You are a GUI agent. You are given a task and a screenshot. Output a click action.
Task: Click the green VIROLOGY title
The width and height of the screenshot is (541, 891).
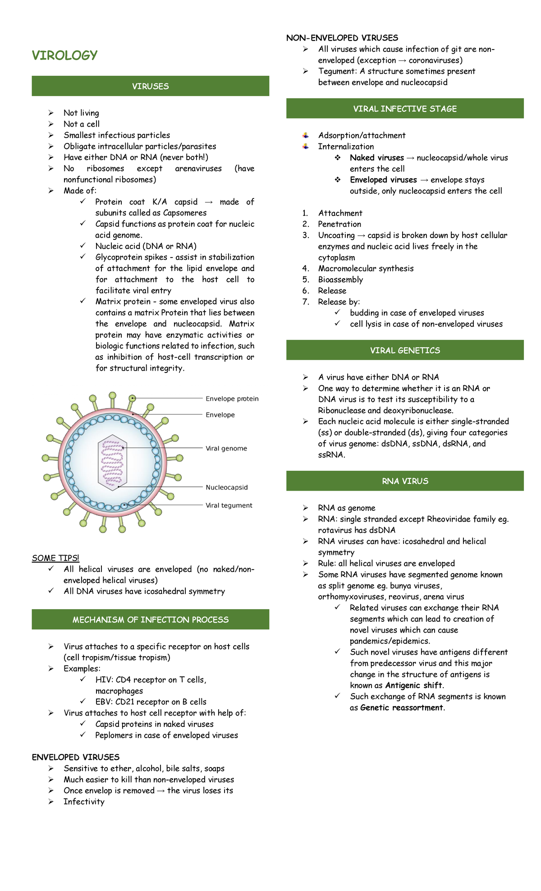pos(64,55)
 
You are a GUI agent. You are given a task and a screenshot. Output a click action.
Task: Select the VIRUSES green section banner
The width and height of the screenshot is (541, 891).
pos(150,86)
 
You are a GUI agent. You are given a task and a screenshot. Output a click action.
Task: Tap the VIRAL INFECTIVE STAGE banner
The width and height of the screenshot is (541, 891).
pos(404,109)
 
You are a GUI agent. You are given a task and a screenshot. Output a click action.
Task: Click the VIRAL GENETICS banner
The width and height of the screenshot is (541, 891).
pos(404,350)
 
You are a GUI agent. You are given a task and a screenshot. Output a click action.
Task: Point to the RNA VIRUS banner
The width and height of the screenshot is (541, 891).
pos(404,481)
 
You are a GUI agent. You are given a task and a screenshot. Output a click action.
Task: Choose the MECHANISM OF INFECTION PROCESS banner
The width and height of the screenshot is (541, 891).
pos(150,620)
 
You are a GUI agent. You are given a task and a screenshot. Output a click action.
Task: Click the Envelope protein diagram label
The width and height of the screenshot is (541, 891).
pos(232,399)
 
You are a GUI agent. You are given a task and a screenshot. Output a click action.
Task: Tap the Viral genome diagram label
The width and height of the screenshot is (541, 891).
pos(226,448)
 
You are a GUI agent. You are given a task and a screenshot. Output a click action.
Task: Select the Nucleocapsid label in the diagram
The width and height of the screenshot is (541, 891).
pos(226,487)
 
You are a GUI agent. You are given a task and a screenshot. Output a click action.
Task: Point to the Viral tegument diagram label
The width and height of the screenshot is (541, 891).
pos(229,505)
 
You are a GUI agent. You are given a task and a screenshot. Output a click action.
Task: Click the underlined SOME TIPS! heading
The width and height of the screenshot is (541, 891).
pos(55,558)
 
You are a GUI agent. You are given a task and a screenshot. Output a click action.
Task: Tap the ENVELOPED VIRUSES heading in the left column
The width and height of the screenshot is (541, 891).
pos(75,757)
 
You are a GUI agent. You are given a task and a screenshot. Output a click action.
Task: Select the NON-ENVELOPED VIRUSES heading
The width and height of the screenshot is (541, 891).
pos(342,38)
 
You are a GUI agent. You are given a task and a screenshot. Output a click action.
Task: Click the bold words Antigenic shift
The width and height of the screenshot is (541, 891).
pos(413,685)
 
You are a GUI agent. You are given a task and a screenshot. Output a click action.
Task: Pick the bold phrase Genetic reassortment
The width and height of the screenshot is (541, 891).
pos(402,707)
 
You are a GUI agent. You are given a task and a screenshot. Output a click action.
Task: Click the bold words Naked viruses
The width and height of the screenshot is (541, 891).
pos(376,158)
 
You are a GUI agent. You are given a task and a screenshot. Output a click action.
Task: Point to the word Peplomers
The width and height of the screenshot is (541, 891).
pos(115,735)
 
